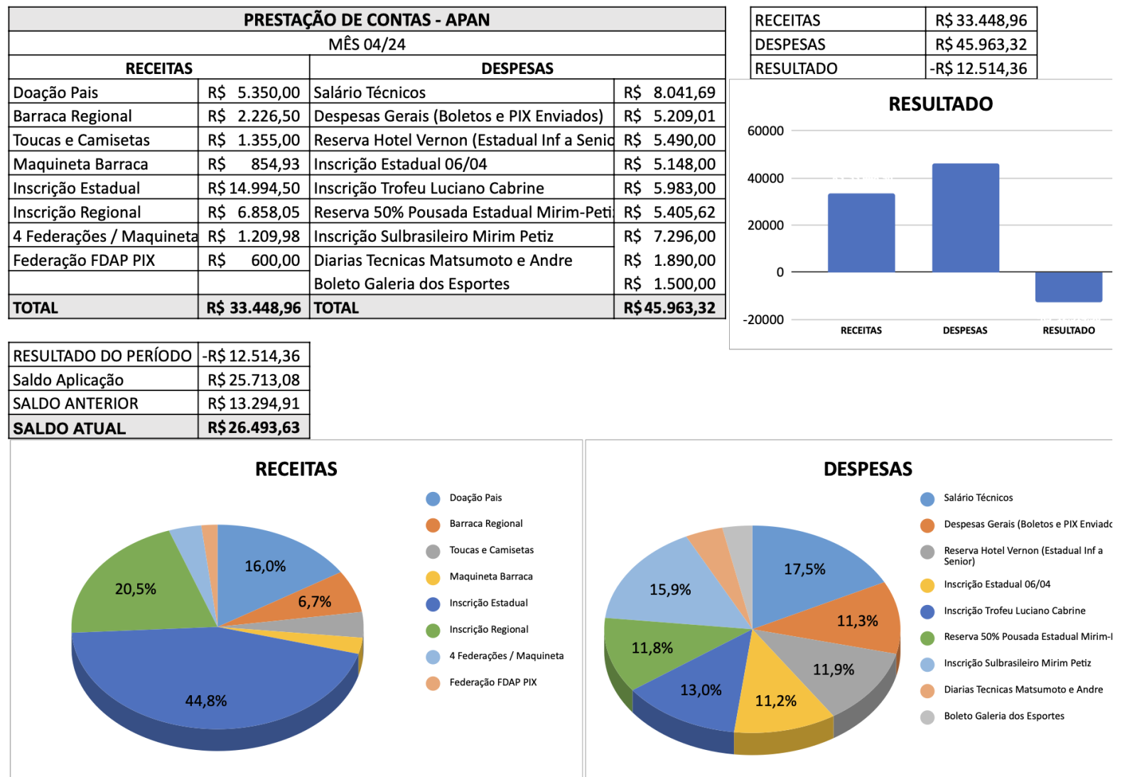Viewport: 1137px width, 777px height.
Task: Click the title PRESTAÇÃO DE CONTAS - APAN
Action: coord(367,19)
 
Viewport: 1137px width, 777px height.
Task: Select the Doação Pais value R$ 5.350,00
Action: coord(254,92)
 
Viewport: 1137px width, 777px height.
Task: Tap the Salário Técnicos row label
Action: coord(370,92)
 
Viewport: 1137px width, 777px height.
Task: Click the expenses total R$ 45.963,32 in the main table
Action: coord(669,308)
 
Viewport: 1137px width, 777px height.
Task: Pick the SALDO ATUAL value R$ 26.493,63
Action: coord(254,428)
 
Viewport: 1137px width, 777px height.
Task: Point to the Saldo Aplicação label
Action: coord(68,380)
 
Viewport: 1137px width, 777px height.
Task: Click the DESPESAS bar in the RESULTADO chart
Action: coord(965,218)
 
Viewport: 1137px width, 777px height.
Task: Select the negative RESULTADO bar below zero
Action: coord(1068,286)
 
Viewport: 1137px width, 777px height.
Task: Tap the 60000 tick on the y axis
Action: coord(765,131)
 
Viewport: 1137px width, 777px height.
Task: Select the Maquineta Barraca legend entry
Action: coord(490,577)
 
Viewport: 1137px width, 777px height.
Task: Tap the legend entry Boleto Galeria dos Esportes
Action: coord(1003,716)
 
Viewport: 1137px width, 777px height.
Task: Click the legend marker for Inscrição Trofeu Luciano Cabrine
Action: coord(927,611)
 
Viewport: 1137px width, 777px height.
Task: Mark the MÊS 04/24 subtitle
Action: coord(367,44)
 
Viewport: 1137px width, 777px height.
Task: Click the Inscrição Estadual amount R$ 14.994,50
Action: coord(254,188)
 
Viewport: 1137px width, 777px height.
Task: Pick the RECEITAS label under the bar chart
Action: coord(861,331)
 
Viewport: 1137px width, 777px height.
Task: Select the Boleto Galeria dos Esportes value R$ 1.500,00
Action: coord(669,284)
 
